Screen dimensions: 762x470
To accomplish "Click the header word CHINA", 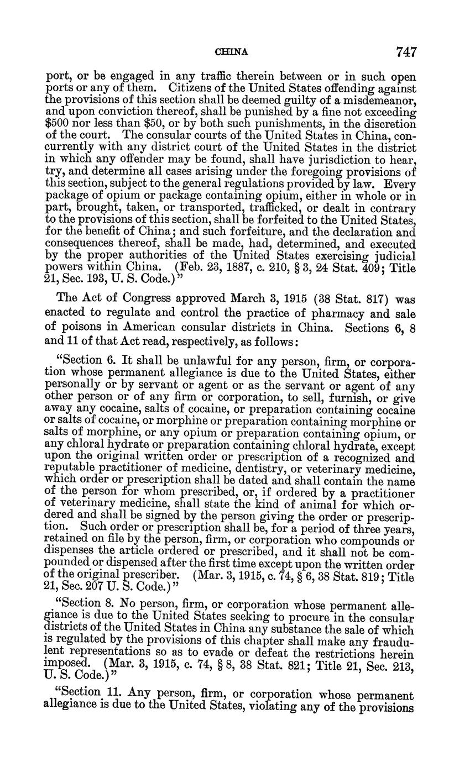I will (231, 52).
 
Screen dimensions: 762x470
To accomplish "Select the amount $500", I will (56, 124).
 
